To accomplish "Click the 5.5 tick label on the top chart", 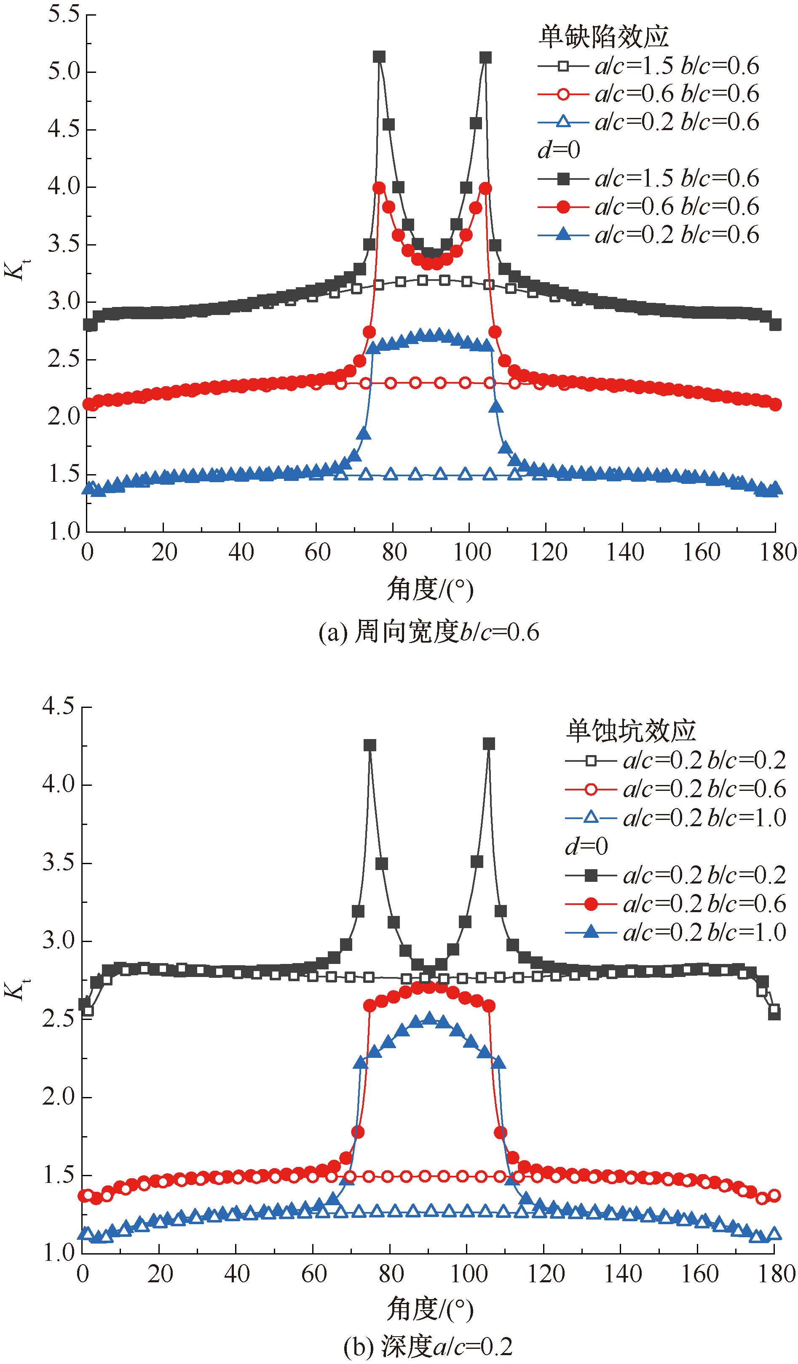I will coord(64,15).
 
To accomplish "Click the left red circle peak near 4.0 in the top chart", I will coord(379,188).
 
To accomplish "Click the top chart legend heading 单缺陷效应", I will coord(604,37).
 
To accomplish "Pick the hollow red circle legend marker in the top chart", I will coord(563,95).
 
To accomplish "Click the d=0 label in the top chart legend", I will coord(559,150).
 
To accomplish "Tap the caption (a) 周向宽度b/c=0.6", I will coord(429,632).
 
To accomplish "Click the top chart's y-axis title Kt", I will coord(17,270).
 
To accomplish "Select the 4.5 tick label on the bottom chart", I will coord(59,706).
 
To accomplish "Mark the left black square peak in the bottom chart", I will coord(370,745).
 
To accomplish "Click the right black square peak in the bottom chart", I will coord(489,744).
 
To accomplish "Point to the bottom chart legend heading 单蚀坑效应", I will coord(631,731).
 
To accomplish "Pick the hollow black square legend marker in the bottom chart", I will coord(591,761).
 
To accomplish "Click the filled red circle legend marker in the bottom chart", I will coord(591,903).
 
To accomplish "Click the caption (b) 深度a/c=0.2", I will coord(428,1346).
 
